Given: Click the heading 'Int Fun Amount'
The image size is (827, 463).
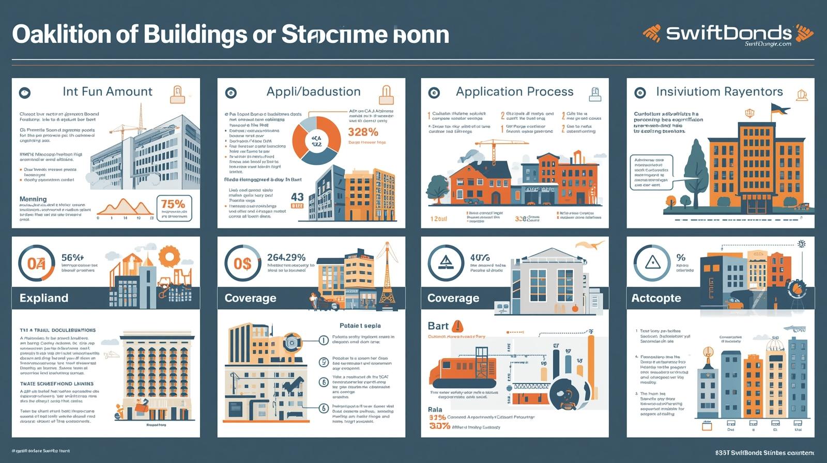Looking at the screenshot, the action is click(x=108, y=91).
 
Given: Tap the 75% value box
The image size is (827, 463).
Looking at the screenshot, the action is click(x=174, y=208).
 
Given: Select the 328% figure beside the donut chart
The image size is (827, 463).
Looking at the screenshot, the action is click(x=363, y=132).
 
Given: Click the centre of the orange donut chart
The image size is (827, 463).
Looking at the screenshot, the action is click(x=316, y=141).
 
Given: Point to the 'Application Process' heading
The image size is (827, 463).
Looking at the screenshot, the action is click(x=514, y=91).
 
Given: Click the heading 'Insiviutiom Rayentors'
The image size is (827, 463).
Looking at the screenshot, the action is click(x=719, y=91).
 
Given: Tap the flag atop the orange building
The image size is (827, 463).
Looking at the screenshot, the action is click(x=780, y=109).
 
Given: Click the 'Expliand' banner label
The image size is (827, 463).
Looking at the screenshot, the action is click(x=44, y=298).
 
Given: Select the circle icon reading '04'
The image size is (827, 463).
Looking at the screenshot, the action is click(x=36, y=264).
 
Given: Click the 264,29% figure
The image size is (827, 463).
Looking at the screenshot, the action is click(x=286, y=257).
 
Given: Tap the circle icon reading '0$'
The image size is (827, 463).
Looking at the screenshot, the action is click(x=242, y=264).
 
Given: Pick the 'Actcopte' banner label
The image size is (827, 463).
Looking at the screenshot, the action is click(x=656, y=298).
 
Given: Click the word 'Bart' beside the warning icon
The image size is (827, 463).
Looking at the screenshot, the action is click(x=438, y=326).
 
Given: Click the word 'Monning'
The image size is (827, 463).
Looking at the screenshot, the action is click(x=33, y=199).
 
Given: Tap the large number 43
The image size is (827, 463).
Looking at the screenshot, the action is click(x=297, y=197).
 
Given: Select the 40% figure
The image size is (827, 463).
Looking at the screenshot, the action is click(x=480, y=257).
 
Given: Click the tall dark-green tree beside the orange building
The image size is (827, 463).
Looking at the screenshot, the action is click(x=695, y=165).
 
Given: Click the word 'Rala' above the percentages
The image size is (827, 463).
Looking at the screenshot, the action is click(x=435, y=409).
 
